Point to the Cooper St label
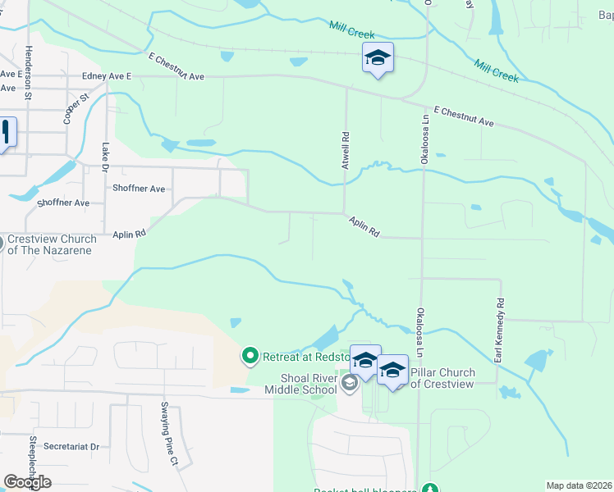[x=76, y=109]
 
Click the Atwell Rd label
[x=346, y=152]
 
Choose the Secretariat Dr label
[x=71, y=447]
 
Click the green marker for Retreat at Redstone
[x=250, y=356]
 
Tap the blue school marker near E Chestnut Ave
[x=378, y=58]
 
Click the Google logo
[x=27, y=482]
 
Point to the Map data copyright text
[x=579, y=485]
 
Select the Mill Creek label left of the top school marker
[x=351, y=31]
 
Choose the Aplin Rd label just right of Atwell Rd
[x=364, y=227]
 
